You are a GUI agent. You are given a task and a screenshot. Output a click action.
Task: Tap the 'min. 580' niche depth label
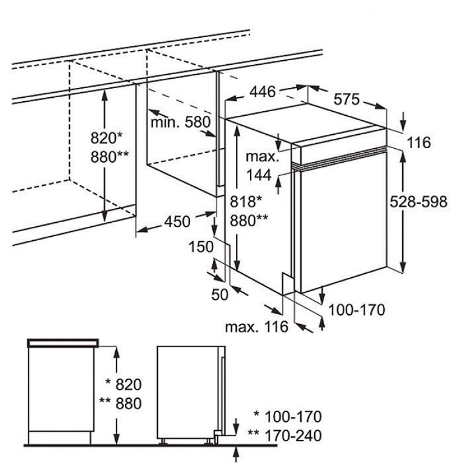coord(179,122)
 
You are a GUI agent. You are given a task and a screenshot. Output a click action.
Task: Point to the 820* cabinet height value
coord(107,138)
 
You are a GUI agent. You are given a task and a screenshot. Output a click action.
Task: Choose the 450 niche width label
coord(177,221)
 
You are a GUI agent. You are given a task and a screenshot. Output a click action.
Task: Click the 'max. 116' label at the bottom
coord(257,327)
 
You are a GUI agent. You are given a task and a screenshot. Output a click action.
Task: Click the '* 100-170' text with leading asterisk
coord(287,416)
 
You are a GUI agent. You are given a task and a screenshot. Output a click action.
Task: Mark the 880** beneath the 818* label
coord(249,219)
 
